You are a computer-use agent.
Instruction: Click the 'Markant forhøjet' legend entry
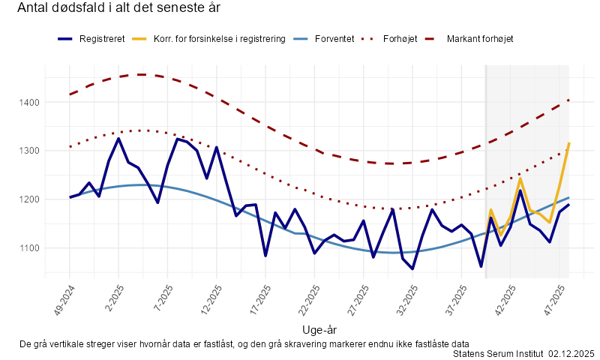(x=480, y=38)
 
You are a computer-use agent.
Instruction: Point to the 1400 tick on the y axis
(x=29, y=102)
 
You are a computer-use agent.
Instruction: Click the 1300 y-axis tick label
(x=29, y=151)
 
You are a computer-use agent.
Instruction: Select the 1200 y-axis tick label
(x=29, y=199)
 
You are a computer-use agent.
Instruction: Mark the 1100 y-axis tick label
(x=29, y=248)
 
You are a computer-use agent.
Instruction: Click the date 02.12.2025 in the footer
(x=571, y=353)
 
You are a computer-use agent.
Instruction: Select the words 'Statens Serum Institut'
(x=498, y=353)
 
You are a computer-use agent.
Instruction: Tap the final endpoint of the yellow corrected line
(x=569, y=142)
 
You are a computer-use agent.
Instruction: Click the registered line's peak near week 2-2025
(x=118, y=139)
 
